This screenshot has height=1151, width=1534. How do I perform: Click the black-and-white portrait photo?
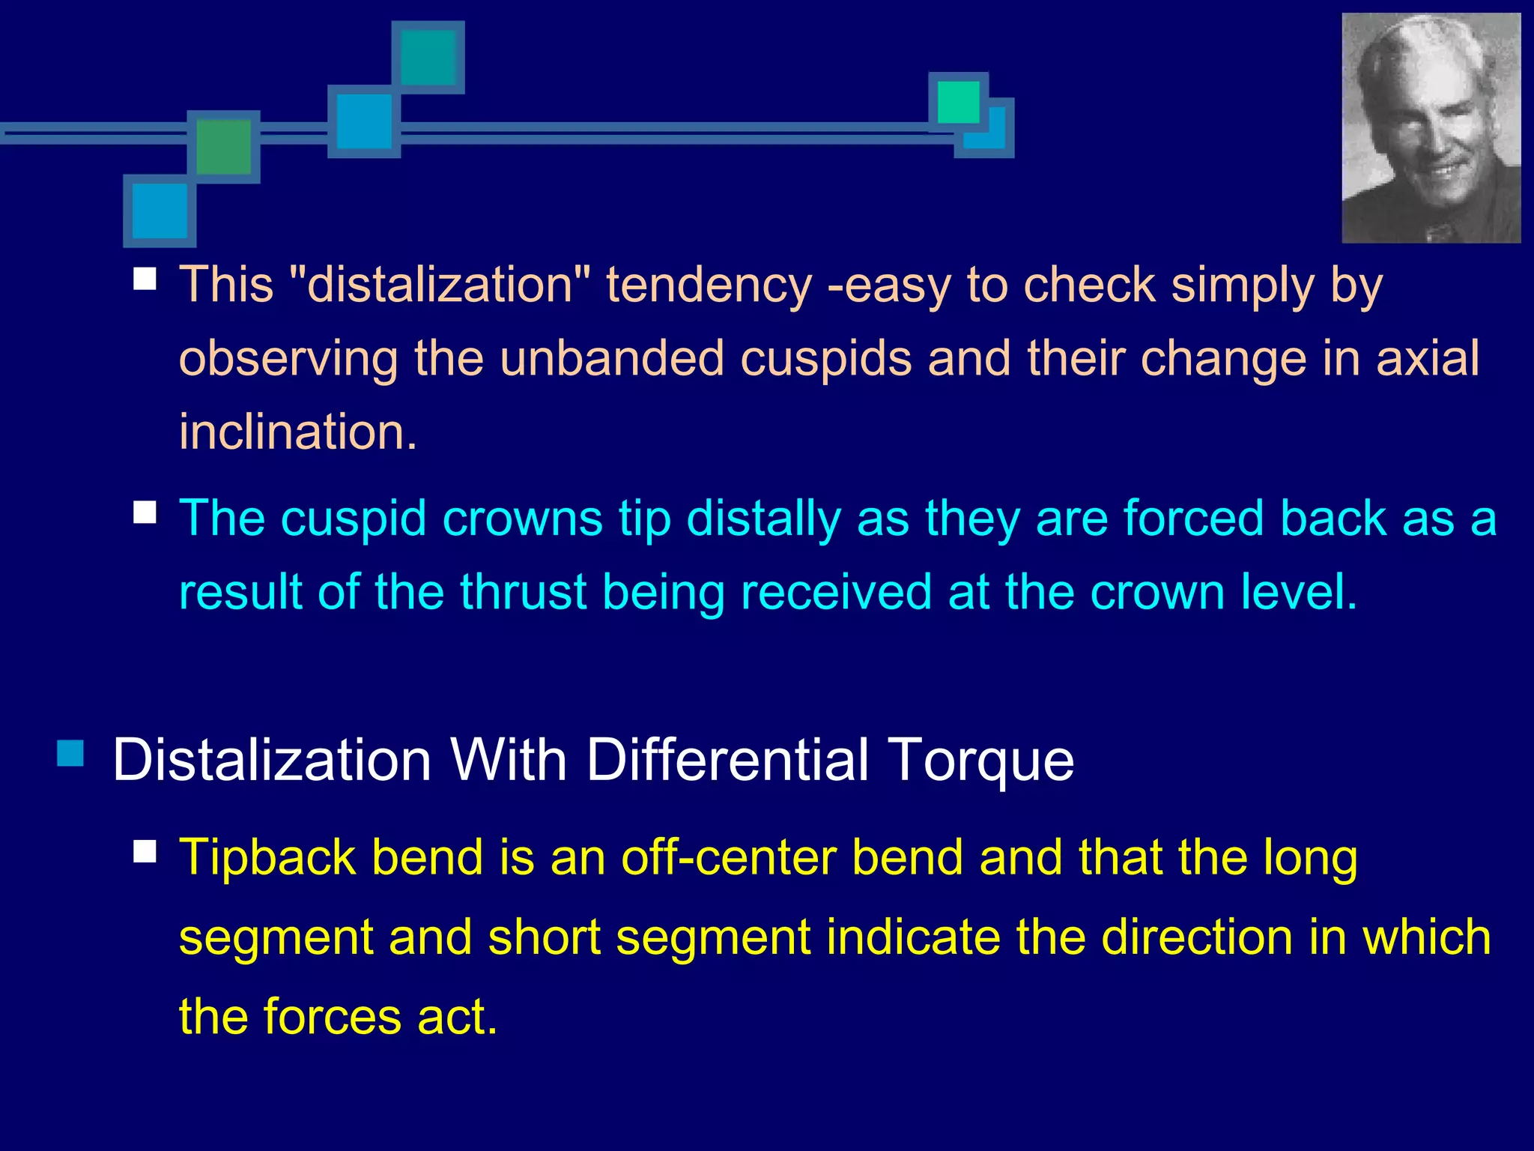click(1431, 128)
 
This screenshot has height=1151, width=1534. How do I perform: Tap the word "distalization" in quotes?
click(440, 286)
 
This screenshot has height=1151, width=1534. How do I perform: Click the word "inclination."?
click(297, 432)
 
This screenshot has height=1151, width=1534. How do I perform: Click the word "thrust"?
click(522, 592)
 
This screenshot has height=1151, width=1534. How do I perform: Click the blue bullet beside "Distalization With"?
click(70, 753)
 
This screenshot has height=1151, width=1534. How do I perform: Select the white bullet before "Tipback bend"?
click(145, 851)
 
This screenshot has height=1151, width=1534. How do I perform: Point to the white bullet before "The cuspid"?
click(145, 513)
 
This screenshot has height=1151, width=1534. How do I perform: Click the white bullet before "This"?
click(145, 280)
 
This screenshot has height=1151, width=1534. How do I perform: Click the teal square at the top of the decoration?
click(428, 57)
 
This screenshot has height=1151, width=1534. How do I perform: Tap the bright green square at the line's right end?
click(958, 102)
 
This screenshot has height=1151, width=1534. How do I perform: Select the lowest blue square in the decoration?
click(160, 211)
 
